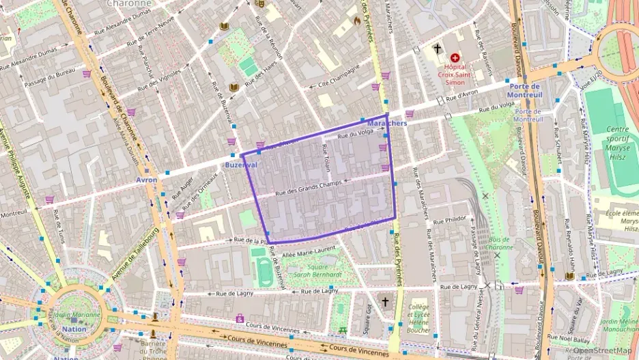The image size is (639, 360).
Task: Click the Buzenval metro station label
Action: point(241,165)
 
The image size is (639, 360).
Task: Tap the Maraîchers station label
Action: point(386,124)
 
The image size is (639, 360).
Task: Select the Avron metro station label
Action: point(146,180)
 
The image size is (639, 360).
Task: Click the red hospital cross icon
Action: point(455,59)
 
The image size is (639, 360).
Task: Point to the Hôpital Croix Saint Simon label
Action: point(455,74)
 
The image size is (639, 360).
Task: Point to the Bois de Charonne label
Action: point(500,243)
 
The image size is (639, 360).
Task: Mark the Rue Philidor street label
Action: point(450,219)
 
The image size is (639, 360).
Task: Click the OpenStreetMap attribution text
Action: point(602,351)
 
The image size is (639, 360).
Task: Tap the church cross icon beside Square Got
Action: point(385,301)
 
